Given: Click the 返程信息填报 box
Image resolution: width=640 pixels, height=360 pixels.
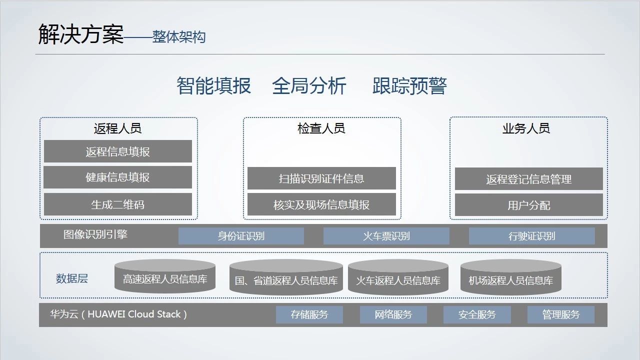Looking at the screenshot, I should click(118, 151).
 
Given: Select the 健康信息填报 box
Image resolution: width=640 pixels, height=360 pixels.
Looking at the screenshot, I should click(118, 177).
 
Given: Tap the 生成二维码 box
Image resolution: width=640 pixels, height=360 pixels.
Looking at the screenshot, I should click(118, 204).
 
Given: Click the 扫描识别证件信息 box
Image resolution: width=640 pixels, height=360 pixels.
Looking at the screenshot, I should click(321, 178).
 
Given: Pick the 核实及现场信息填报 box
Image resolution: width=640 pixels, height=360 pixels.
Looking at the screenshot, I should click(321, 204).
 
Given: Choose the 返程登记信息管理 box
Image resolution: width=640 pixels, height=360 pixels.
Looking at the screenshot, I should click(528, 179).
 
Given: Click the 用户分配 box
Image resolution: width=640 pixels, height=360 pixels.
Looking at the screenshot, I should click(528, 205).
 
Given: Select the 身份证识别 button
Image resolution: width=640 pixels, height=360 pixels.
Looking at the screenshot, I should click(241, 236).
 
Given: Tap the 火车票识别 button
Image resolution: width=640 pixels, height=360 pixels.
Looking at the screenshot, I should click(386, 236).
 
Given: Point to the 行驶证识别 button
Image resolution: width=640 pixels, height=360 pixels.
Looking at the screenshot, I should click(531, 236).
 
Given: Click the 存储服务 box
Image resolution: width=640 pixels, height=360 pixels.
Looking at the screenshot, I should click(309, 314).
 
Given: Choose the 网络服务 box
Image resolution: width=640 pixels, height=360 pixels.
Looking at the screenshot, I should click(393, 314).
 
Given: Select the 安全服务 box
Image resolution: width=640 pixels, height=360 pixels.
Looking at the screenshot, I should click(477, 314).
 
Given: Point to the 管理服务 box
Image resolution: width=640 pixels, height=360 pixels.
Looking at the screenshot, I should click(561, 314).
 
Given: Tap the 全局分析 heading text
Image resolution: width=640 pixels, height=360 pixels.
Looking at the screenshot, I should click(309, 86).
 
